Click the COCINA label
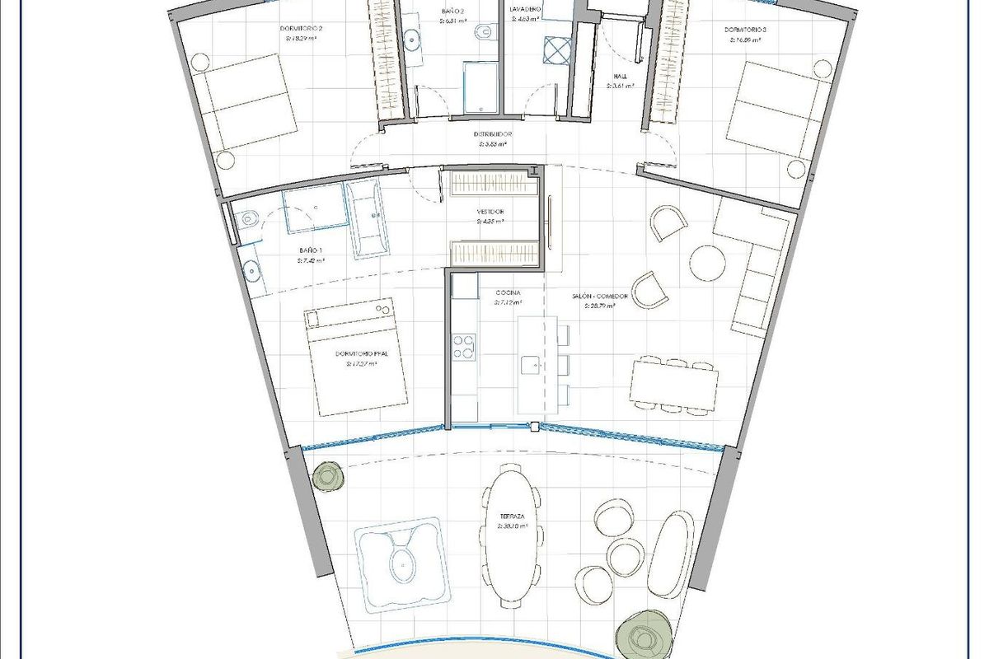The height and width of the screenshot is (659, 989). tap(507, 293)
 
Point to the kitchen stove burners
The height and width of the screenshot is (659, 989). tap(464, 347)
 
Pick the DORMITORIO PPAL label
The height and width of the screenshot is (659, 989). tap(362, 354)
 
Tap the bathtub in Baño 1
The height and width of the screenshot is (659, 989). tap(367, 219)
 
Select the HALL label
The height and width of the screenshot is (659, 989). tap(621, 77)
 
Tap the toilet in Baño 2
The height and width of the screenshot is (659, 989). tap(485, 32)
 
